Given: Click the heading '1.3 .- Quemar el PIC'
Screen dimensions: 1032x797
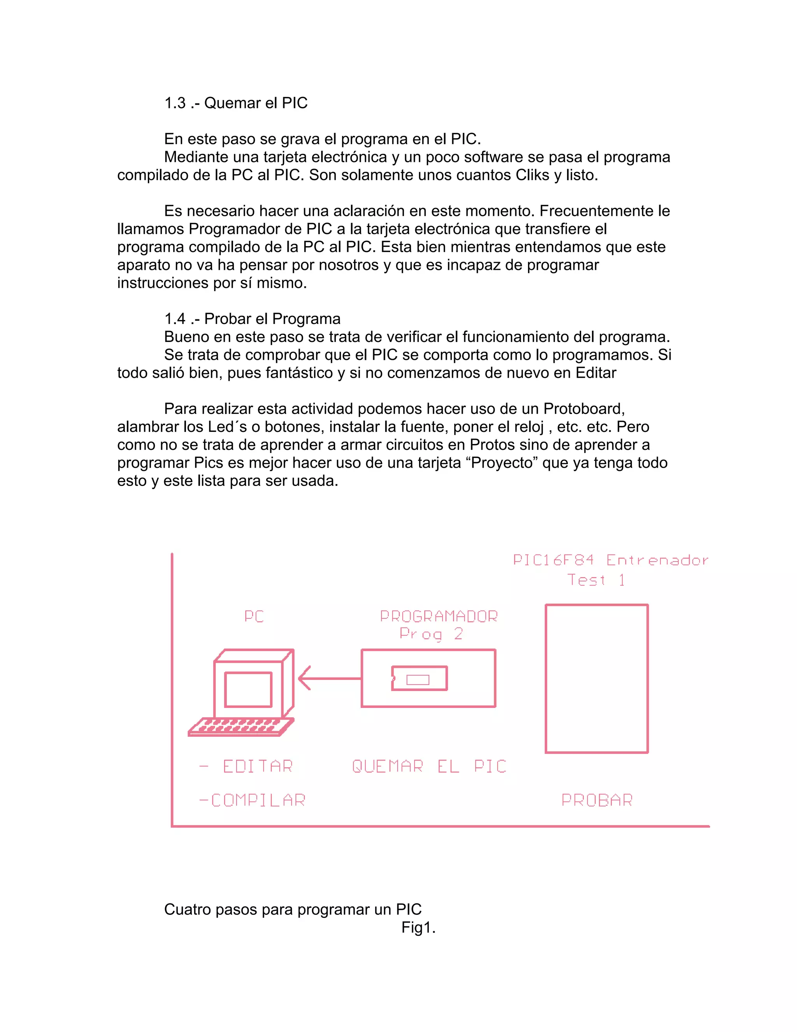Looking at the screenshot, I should [x=235, y=103].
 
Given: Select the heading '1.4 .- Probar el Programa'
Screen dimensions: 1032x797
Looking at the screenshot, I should [x=252, y=319].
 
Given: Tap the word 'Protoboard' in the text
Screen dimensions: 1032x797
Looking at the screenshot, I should [x=584, y=409].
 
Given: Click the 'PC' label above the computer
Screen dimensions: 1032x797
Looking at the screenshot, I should [x=254, y=616].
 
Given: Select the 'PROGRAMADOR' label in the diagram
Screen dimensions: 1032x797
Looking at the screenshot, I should [x=439, y=616].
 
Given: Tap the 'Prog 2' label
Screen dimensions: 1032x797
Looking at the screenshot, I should [x=431, y=634].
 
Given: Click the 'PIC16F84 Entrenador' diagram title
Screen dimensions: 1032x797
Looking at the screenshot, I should [x=611, y=560].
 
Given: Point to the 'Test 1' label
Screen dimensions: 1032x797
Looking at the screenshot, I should [x=596, y=580].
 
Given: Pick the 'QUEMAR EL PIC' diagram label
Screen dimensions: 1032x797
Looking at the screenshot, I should [x=429, y=766].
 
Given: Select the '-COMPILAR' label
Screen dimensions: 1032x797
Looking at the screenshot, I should [x=252, y=800].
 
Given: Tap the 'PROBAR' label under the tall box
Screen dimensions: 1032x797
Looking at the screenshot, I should [x=597, y=800].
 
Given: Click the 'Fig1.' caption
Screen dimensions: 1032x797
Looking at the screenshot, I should [x=418, y=928].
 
